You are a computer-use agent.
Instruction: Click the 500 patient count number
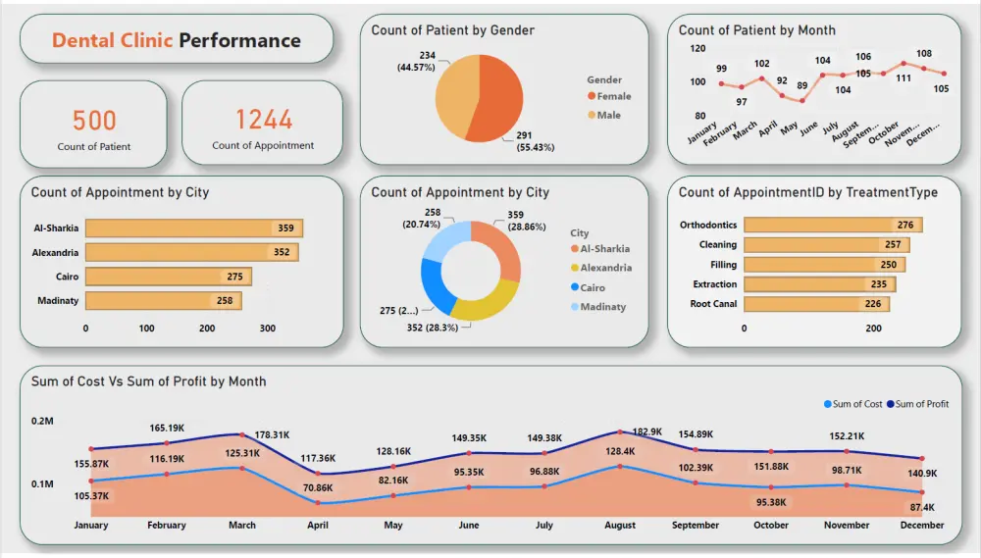pos(94,121)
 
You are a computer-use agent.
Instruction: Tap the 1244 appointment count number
pos(263,120)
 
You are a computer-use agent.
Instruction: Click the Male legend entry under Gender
pos(608,116)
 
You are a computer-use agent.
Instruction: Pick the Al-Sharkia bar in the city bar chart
pos(193,228)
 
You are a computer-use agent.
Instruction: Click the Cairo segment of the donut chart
pos(433,283)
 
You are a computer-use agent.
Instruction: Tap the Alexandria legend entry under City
pos(604,268)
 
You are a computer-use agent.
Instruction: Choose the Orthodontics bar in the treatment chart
pos(832,225)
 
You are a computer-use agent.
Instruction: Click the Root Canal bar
pos(816,304)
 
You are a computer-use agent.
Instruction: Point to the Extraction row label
pos(714,284)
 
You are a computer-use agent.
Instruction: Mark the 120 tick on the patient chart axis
pos(697,47)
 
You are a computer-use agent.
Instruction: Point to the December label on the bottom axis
pos(921,526)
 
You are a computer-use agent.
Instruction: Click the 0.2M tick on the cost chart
pos(42,421)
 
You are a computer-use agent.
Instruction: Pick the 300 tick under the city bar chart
pos(267,328)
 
